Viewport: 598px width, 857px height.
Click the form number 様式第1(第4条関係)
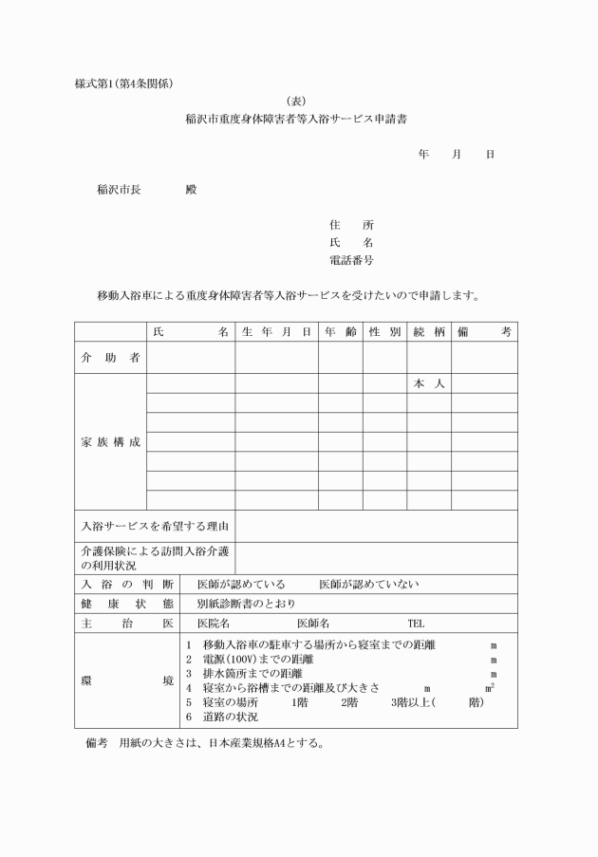pyautogui.click(x=123, y=83)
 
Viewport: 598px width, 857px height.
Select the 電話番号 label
pyautogui.click(x=350, y=259)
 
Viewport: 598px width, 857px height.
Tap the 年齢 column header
pyautogui.click(x=340, y=331)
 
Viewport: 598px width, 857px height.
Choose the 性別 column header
pyautogui.click(x=384, y=331)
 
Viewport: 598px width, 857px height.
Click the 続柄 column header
pyautogui.click(x=429, y=331)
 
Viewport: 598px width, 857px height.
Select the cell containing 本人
pyautogui.click(x=429, y=384)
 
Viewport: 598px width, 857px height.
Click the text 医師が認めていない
pyautogui.click(x=368, y=585)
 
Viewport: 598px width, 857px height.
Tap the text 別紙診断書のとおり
pyautogui.click(x=246, y=604)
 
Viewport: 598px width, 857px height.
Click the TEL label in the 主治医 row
pyautogui.click(x=416, y=624)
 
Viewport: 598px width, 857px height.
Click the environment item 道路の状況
pyautogui.click(x=230, y=717)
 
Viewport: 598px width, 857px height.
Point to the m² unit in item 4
pyautogui.click(x=490, y=687)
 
